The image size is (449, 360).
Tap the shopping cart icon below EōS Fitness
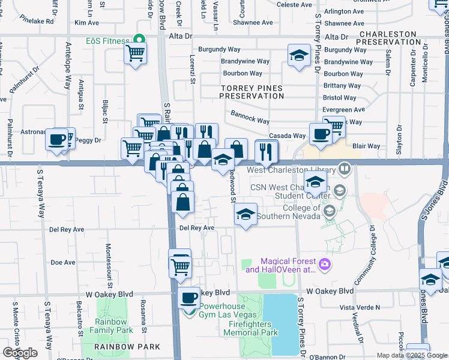pos(135,53)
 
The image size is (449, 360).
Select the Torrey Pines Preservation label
pos(252,92)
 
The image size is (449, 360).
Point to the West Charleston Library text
pos(291,170)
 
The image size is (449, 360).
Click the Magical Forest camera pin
pos(325,264)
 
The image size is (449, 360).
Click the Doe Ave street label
pos(62,262)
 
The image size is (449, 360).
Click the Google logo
pos(20,353)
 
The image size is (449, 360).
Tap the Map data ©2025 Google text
pos(412,355)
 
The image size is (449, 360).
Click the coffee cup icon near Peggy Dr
pos(57,139)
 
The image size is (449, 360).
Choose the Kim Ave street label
pos(86,23)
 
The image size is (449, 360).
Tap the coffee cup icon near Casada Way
pos(320,134)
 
